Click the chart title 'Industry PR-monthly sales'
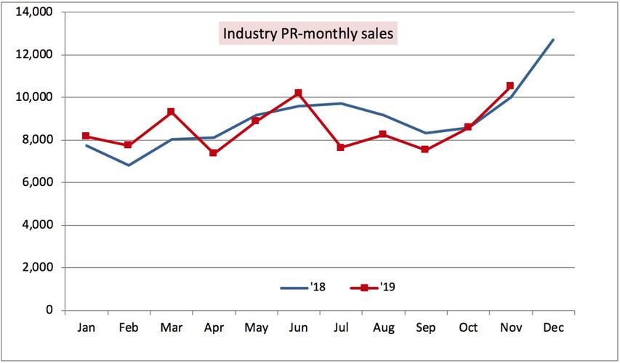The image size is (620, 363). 309,33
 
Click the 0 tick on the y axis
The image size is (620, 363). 49,310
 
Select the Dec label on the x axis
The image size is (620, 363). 553,328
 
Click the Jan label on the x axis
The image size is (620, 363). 86,328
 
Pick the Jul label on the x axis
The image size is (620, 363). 340,328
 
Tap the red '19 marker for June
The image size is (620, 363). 298,93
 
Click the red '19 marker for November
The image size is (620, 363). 510,86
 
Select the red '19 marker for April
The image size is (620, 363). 213,153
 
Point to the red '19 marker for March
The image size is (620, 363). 171,112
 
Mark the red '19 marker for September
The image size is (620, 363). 425,150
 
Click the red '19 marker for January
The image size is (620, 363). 86,136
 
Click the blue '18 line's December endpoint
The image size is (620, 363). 553,40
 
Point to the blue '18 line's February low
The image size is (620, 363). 129,165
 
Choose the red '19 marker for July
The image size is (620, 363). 340,147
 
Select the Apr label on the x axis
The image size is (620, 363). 213,328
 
